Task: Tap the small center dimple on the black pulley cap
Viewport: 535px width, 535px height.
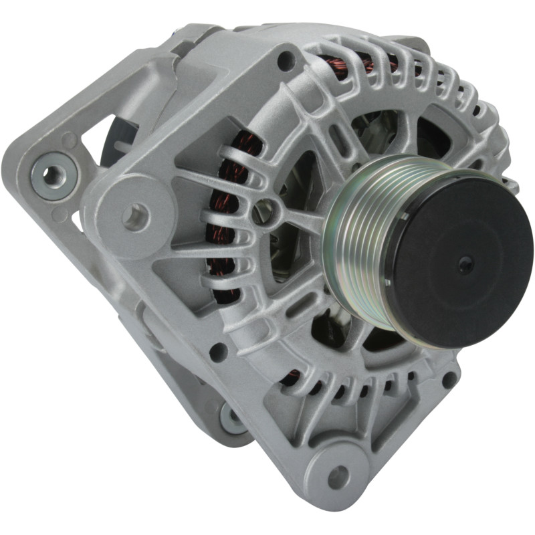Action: click(466, 264)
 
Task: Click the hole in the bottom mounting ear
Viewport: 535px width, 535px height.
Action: click(338, 477)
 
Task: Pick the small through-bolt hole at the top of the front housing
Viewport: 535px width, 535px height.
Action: click(286, 61)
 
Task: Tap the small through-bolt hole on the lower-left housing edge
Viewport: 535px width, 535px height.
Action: click(218, 352)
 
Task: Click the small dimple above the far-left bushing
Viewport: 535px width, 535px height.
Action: click(69, 140)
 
